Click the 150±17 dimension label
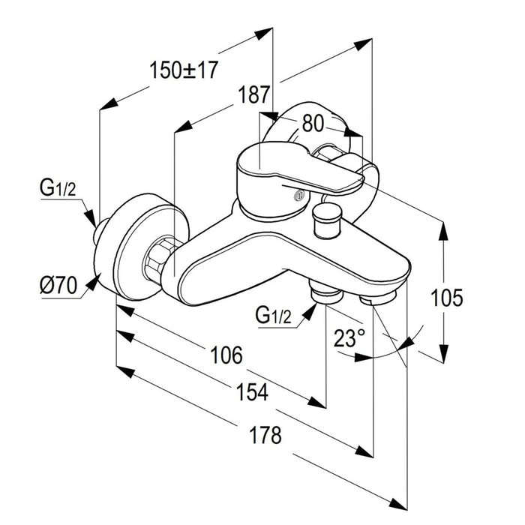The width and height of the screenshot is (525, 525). coord(183,71)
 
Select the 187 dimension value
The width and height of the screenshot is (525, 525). coord(254,96)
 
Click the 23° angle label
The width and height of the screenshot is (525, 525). coord(349,338)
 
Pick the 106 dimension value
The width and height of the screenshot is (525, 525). coord(226,355)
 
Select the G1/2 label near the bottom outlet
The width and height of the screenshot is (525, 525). coord(273,316)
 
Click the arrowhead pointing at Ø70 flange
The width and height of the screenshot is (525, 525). coord(94,282)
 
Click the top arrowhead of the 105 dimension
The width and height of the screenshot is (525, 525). coord(443,228)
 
